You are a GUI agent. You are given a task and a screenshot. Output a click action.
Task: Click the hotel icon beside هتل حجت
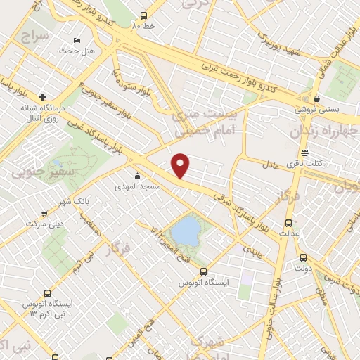click(x=77, y=39)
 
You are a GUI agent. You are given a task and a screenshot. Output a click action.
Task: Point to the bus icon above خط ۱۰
click(x=143, y=15)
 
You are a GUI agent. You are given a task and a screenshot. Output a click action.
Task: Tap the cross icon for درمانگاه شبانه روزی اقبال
click(x=44, y=97)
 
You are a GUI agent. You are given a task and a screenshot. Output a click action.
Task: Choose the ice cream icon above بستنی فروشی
click(x=317, y=98)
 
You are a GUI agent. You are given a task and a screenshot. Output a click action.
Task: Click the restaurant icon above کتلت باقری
click(x=304, y=152)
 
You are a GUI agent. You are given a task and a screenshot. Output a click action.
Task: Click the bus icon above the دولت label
click(x=303, y=257)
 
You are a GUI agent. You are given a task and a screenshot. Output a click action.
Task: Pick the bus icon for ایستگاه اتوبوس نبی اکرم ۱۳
click(x=47, y=292)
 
